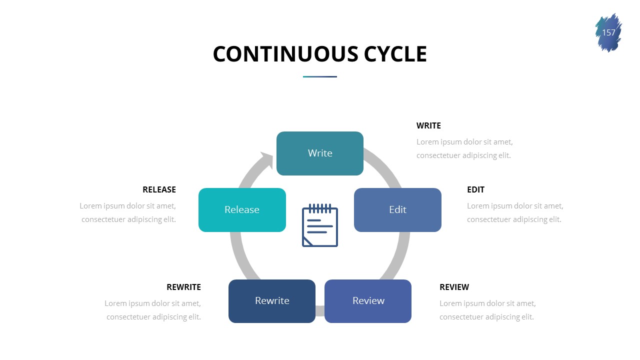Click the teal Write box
click(x=320, y=153)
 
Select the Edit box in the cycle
click(x=397, y=209)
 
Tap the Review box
click(x=368, y=300)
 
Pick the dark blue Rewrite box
click(x=272, y=300)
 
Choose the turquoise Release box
click(x=242, y=209)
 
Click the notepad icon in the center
click(x=320, y=225)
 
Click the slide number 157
click(x=608, y=33)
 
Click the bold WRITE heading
click(x=428, y=125)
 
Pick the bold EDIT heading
click(x=475, y=189)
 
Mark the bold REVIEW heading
click(x=454, y=287)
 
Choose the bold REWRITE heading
click(x=183, y=287)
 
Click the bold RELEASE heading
click(x=159, y=189)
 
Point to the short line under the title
click(x=320, y=76)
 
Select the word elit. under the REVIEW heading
click(x=525, y=317)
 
